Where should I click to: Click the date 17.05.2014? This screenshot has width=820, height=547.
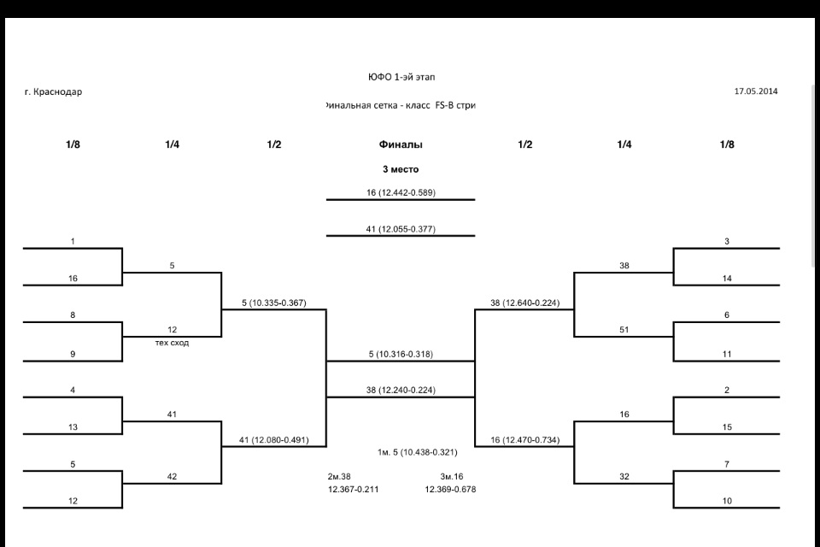coord(755,91)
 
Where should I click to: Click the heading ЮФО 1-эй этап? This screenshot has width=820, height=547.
coord(401,77)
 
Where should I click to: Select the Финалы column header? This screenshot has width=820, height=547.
coord(401,144)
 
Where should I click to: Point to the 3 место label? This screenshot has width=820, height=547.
coord(401,169)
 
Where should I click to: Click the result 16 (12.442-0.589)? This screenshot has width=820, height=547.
coord(401,193)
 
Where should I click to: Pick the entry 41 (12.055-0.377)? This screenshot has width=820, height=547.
coord(401,229)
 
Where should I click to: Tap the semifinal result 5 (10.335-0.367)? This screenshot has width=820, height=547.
coord(273,303)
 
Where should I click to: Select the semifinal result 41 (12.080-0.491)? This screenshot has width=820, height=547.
coord(273,440)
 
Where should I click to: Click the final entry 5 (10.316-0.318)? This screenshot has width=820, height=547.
coord(401,355)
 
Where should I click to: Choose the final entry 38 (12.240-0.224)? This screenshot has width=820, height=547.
coord(401,390)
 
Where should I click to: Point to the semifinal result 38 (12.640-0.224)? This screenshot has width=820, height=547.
coord(524,303)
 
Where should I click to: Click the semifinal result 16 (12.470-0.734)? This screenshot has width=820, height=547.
coord(524,440)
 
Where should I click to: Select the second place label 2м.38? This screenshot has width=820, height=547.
coord(340,476)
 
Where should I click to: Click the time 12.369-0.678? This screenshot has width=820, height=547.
coord(450,489)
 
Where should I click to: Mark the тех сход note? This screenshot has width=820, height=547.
coord(172,343)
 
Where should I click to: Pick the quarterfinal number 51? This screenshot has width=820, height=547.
coord(624,329)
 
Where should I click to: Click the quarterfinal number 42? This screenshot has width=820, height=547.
coord(172,477)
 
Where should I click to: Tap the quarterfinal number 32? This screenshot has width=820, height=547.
coord(624,477)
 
